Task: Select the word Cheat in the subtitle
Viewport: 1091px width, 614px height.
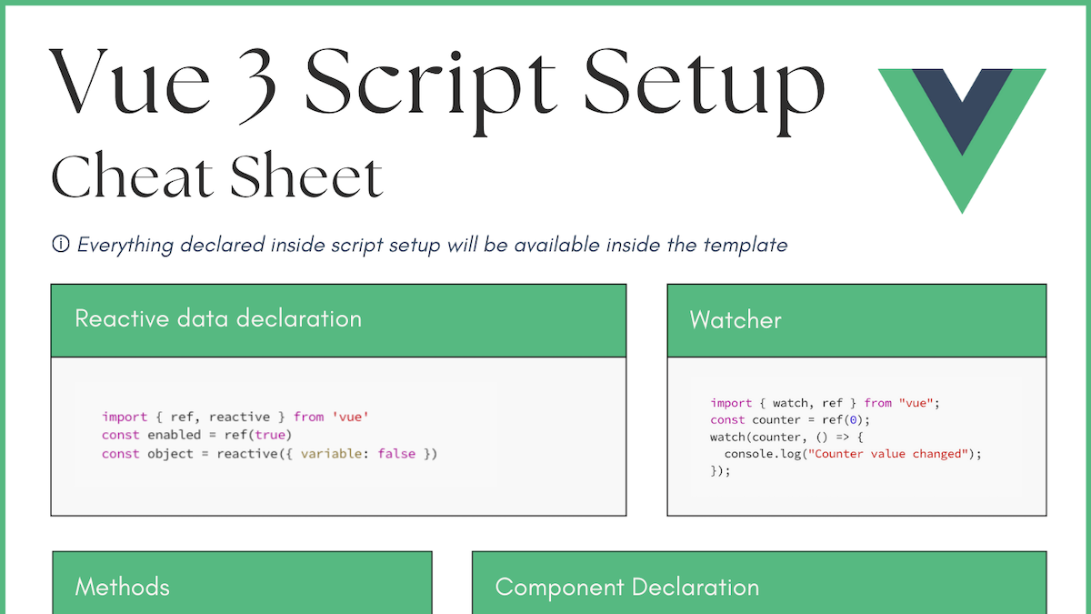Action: tap(132, 177)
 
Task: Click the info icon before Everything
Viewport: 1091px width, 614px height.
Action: tap(61, 245)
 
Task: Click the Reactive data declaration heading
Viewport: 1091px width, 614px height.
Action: tap(218, 319)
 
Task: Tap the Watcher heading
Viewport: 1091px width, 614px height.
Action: tap(736, 320)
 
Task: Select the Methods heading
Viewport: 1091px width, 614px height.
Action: tap(122, 587)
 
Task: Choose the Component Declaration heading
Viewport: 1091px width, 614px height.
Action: tap(627, 587)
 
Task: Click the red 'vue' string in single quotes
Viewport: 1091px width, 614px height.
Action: tap(350, 417)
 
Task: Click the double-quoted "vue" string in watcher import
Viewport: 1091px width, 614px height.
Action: tap(915, 403)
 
